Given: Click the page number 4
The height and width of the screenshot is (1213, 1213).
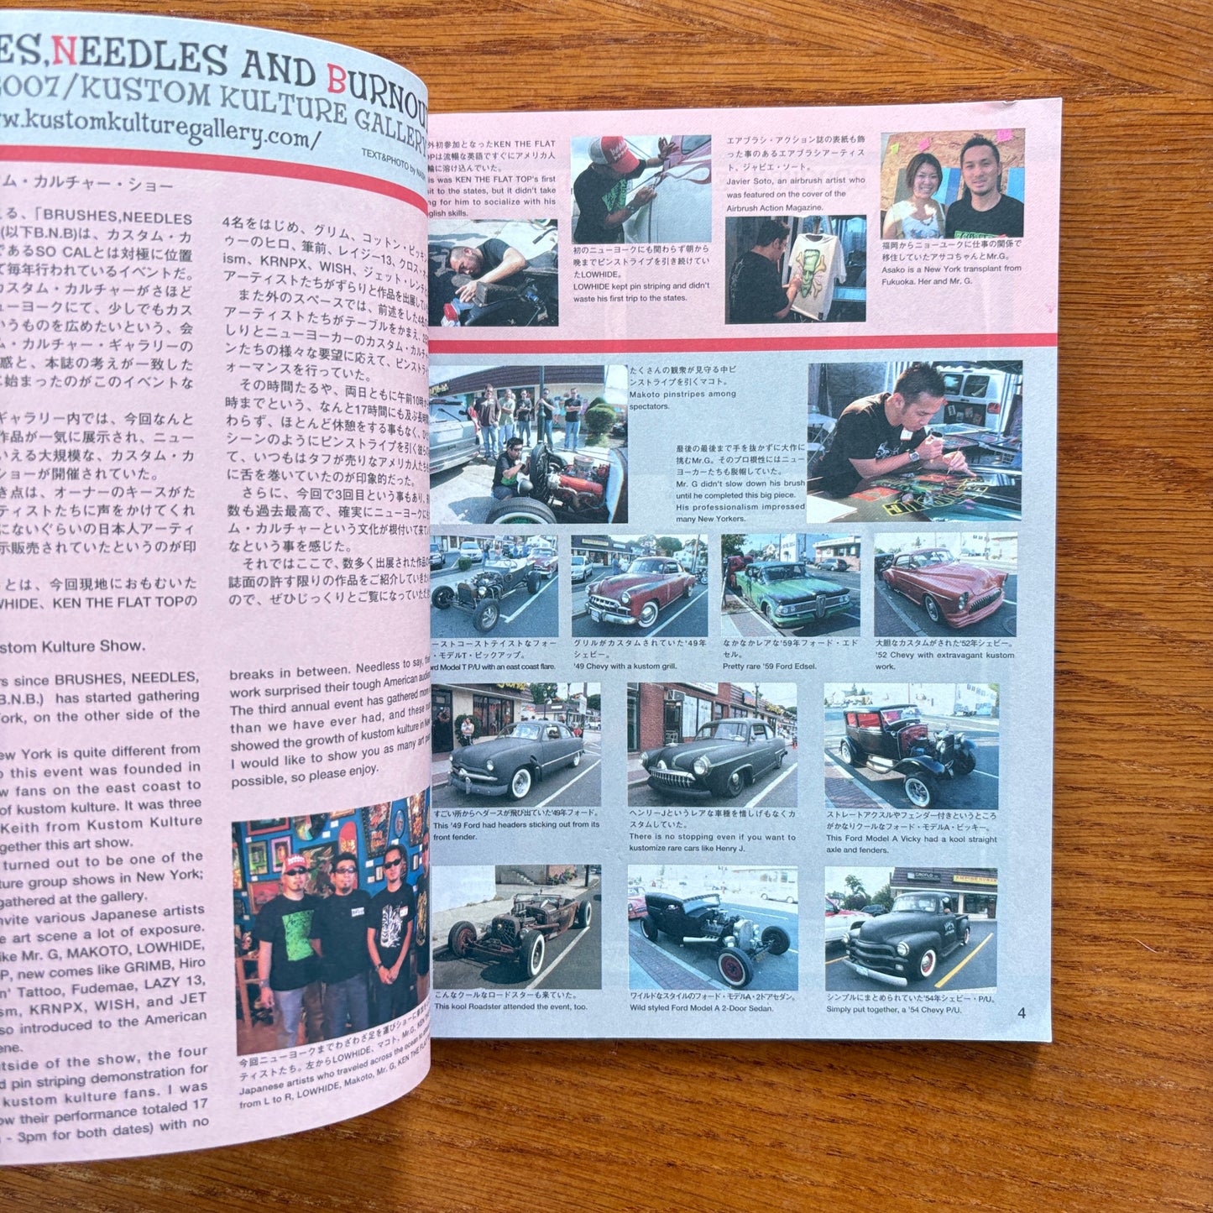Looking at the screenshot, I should (x=1021, y=1012).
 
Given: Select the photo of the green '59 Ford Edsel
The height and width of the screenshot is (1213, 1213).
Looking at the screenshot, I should (x=790, y=584).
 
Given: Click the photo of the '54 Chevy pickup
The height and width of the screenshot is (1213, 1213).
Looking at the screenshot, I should (x=910, y=929).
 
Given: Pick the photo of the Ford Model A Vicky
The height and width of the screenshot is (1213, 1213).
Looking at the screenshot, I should (x=911, y=745).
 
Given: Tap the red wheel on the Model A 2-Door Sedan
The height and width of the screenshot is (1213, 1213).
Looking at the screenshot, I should (x=735, y=967).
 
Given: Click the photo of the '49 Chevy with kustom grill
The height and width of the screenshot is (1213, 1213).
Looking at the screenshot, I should (x=639, y=585).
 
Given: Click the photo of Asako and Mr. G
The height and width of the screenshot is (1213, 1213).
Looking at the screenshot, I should (x=952, y=185).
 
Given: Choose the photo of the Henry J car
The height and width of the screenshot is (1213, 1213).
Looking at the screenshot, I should (x=712, y=745).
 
